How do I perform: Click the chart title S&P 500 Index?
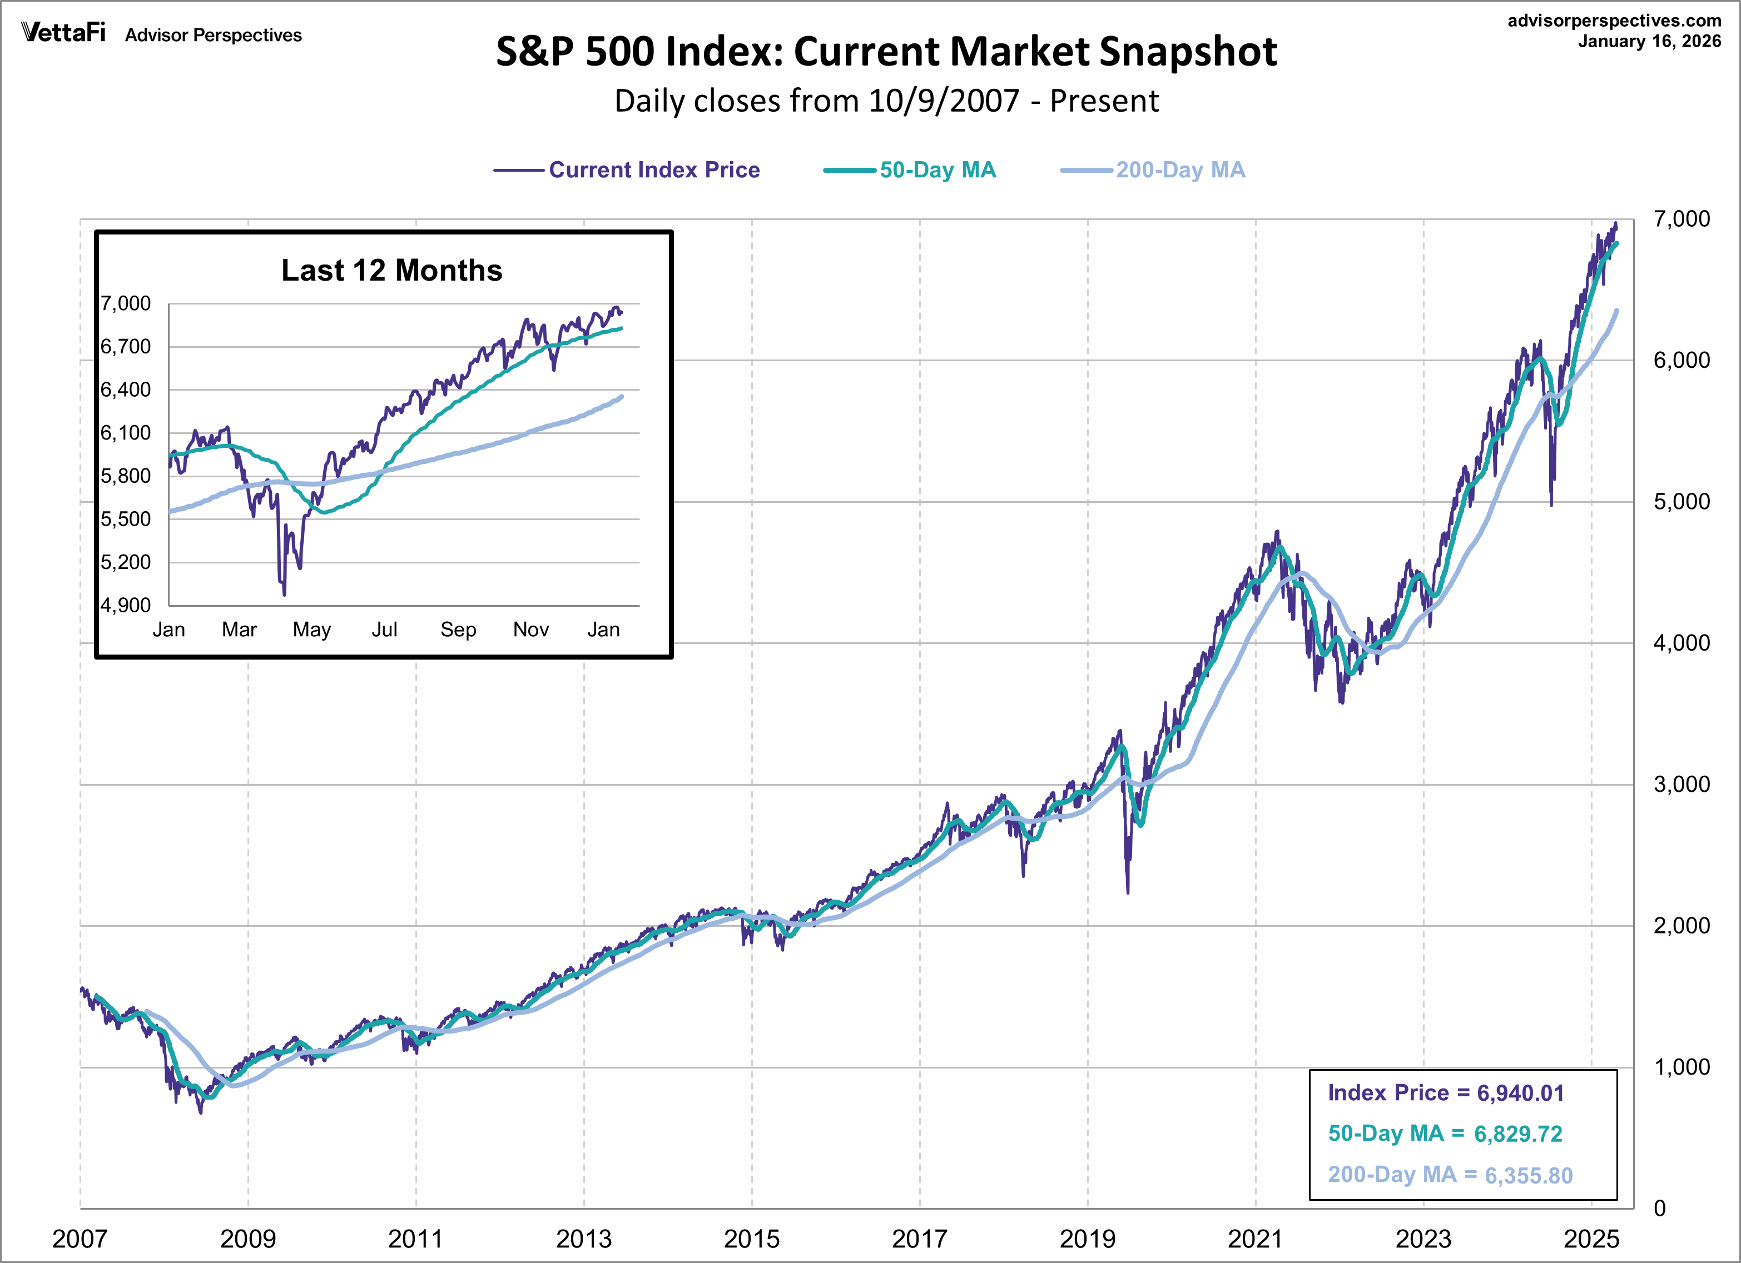(886, 52)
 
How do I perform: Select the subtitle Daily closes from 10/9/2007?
(886, 101)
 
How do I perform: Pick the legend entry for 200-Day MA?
(1180, 169)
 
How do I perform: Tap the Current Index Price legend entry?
(653, 169)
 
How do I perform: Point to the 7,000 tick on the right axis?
(1681, 219)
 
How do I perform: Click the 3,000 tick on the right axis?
(1681, 784)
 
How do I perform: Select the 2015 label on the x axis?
(752, 1239)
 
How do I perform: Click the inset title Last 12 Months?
(391, 270)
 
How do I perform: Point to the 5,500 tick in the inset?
(126, 520)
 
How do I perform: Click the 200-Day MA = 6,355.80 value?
(1450, 1175)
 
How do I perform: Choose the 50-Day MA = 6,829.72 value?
(1445, 1134)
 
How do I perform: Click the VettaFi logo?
(63, 32)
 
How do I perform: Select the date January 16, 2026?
(1649, 42)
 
